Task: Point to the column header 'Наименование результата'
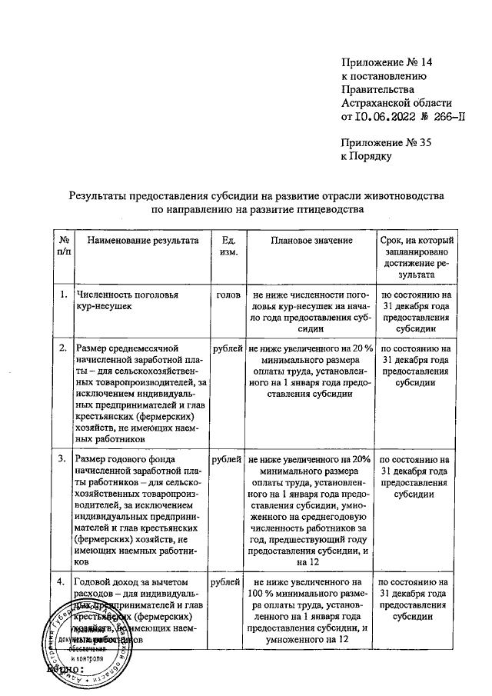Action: tap(142, 241)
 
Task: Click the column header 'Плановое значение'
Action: tap(311, 241)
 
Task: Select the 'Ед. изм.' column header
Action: tap(228, 247)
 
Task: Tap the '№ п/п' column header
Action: tap(63, 247)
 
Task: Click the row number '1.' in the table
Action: tap(62, 295)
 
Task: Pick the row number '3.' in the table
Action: tap(62, 459)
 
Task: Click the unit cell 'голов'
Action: tap(228, 295)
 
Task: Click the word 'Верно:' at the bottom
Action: tap(65, 672)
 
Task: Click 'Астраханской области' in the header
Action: tap(397, 103)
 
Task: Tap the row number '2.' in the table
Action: tap(62, 349)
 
